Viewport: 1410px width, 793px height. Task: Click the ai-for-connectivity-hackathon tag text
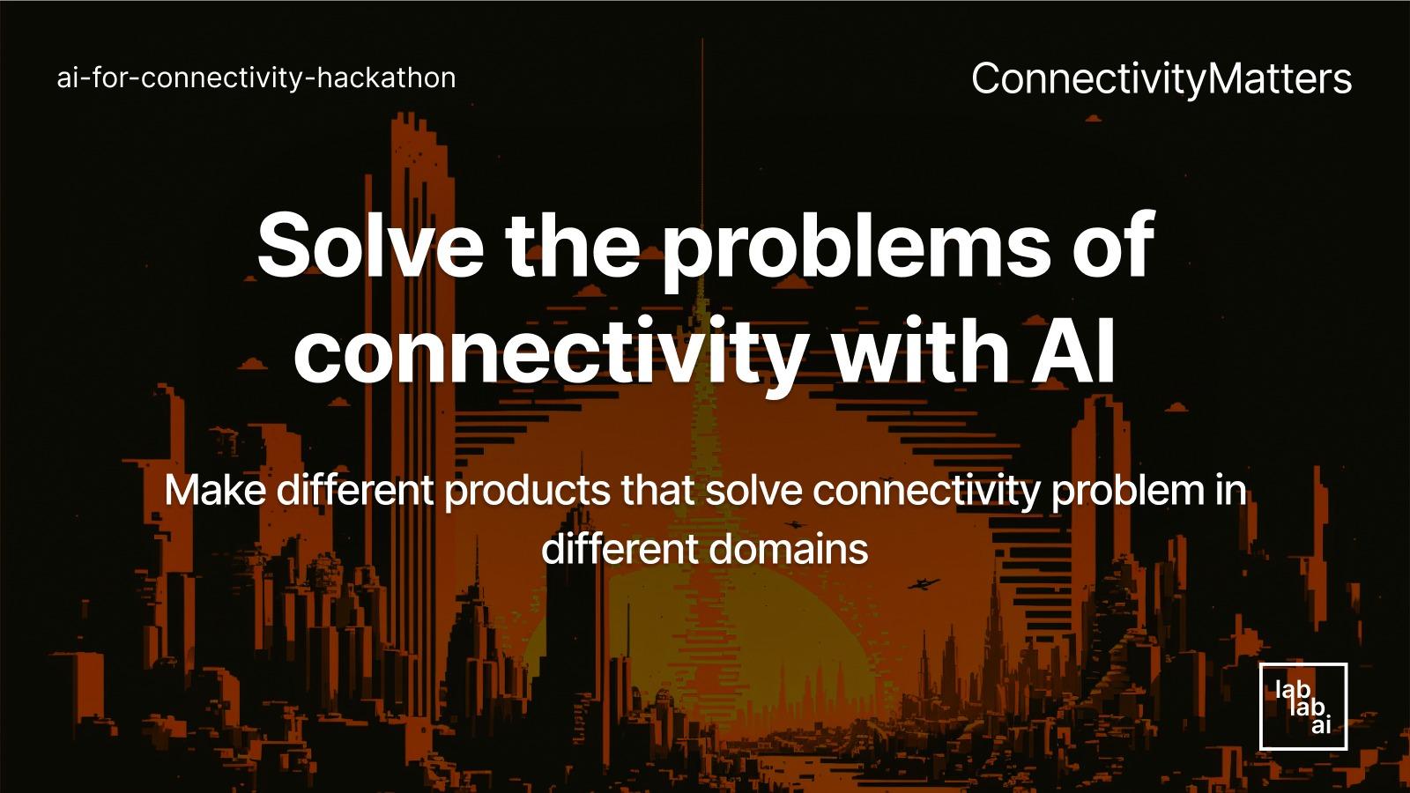click(x=256, y=78)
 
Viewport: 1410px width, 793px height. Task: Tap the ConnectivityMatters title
click(x=1161, y=78)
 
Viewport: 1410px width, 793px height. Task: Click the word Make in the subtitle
click(x=214, y=490)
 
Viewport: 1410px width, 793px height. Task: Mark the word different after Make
click(x=355, y=490)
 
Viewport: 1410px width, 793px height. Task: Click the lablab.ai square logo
click(x=1303, y=707)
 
